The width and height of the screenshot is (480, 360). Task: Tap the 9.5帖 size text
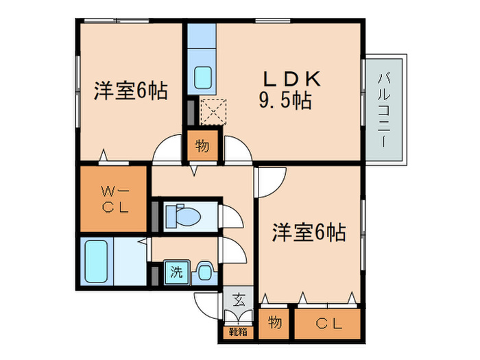(x=285, y=101)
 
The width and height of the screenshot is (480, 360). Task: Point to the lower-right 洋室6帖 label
(x=308, y=232)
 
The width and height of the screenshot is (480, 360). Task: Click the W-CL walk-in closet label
(x=112, y=199)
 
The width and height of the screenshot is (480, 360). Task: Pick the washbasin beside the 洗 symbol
(x=204, y=272)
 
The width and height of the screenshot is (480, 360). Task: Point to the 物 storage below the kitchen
(x=203, y=145)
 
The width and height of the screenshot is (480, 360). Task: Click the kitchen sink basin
(x=203, y=77)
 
